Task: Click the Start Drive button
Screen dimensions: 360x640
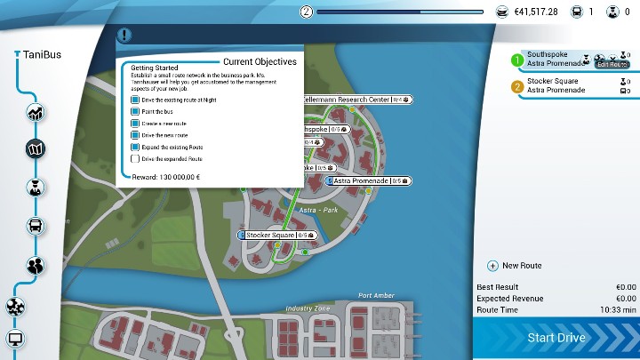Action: pos(556,338)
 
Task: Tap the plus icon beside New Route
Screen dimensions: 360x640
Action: pos(492,266)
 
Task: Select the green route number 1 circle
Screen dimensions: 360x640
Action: pos(517,60)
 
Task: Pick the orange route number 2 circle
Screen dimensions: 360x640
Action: pos(517,86)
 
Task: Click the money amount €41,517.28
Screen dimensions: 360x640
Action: pos(536,12)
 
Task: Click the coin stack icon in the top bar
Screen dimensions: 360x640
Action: pos(502,12)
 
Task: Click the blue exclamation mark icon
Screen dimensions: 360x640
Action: pos(124,36)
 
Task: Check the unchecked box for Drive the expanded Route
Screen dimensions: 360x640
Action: pos(134,158)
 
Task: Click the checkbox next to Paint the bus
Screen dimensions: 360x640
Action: pos(134,112)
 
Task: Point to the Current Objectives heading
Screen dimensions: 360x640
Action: pos(260,61)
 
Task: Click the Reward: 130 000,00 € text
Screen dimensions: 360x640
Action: pos(165,177)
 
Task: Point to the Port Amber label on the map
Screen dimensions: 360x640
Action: pos(375,296)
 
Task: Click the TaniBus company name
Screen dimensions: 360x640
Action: pos(41,55)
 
